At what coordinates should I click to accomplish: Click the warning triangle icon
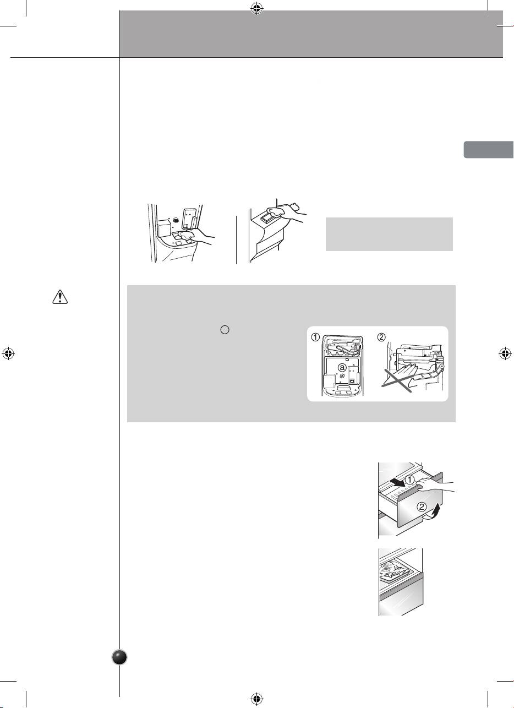pos(60,297)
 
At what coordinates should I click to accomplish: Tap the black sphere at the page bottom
pos(120,657)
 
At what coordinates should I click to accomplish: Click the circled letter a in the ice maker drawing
pos(342,367)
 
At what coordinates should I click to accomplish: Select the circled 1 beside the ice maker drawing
pos(315,337)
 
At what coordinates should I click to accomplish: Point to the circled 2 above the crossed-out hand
pos(381,337)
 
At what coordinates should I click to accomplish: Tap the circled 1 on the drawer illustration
pos(409,480)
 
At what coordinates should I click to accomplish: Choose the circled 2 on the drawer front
pos(422,507)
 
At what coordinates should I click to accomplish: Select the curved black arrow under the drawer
pos(434,511)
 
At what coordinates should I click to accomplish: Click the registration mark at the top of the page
pos(257,9)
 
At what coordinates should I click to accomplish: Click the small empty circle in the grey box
pos(225,330)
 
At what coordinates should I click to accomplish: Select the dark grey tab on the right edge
pos(489,150)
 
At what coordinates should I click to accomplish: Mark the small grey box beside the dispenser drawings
pos(389,234)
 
